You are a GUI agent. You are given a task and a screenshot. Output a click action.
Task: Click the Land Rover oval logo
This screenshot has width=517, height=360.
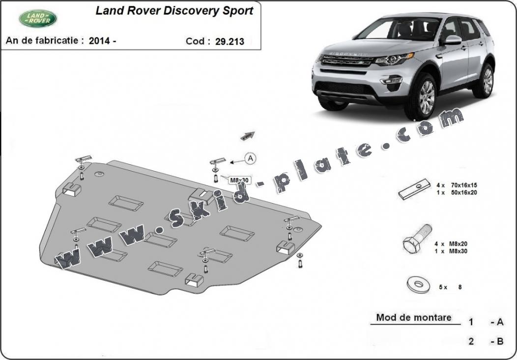[38, 19]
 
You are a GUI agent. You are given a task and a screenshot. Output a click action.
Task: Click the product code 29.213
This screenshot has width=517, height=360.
[230, 42]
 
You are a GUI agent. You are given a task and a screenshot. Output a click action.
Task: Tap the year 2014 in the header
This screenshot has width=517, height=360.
[100, 41]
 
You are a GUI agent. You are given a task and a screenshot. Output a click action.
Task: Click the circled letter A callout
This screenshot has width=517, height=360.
[251, 159]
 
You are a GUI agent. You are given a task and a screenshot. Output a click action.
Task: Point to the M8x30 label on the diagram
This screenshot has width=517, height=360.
[239, 180]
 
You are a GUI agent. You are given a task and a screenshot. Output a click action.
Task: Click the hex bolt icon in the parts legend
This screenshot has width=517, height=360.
[417, 239]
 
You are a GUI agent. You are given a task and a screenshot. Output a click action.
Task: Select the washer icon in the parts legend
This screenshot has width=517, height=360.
[418, 284]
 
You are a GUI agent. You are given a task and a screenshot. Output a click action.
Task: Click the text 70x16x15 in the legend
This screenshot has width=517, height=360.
[463, 185]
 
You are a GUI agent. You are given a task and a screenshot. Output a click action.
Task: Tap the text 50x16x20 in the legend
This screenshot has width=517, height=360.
[463, 192]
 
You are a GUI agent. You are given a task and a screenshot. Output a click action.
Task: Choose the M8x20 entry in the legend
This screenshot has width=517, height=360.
[458, 244]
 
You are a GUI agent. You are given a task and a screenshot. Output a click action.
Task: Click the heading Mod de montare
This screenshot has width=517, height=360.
[414, 317]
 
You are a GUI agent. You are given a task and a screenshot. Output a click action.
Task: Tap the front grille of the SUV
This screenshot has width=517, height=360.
[347, 60]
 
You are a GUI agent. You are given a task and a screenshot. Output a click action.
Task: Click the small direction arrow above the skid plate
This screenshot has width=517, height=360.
[248, 136]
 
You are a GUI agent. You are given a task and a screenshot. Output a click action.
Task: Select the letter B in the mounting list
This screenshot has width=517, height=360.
[500, 341]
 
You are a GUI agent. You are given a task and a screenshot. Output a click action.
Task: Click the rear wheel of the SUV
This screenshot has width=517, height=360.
[485, 81]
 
